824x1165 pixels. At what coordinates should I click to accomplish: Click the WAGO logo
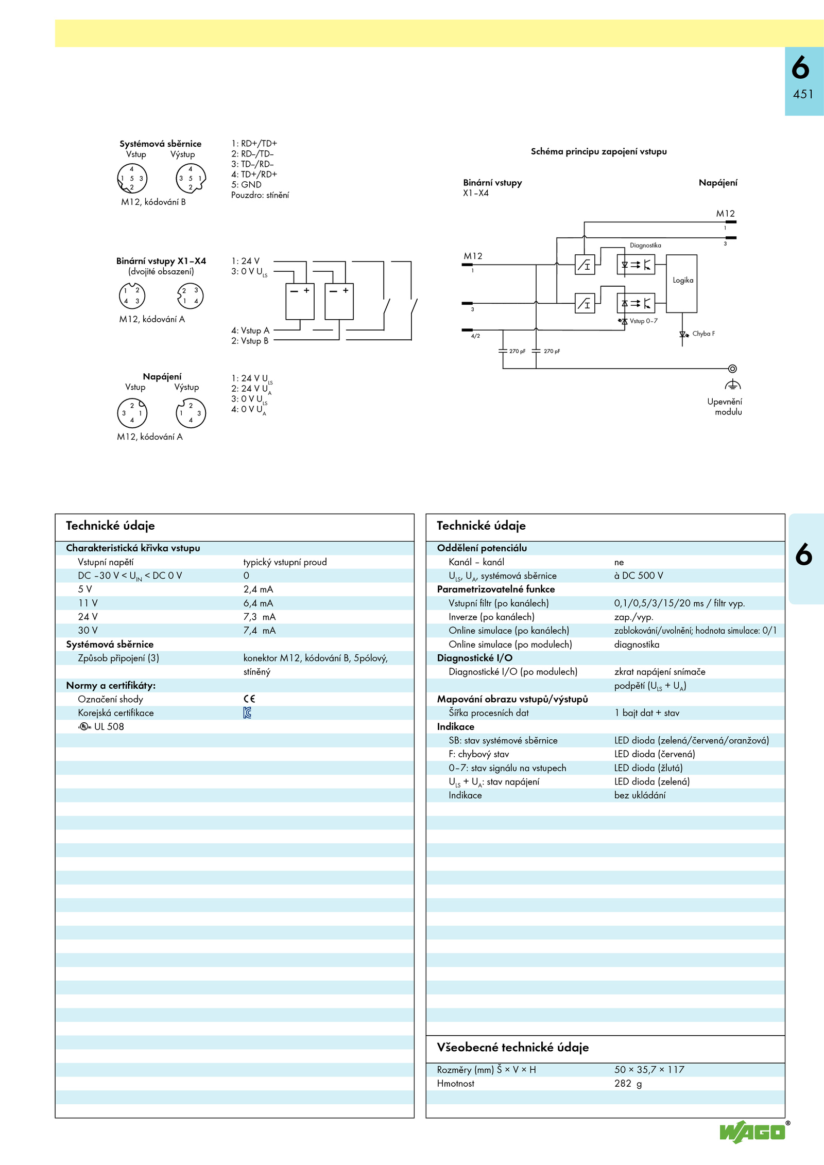pyautogui.click(x=752, y=1132)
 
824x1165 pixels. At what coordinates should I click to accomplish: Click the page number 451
pyautogui.click(x=803, y=94)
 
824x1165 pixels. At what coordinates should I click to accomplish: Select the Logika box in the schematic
pyautogui.click(x=682, y=283)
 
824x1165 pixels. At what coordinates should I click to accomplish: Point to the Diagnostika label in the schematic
pyautogui.click(x=645, y=246)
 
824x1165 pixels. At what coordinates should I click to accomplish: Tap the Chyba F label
pyautogui.click(x=703, y=334)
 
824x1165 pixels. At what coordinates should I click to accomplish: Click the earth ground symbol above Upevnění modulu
pyautogui.click(x=732, y=385)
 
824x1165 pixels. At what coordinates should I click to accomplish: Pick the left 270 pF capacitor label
pyautogui.click(x=517, y=351)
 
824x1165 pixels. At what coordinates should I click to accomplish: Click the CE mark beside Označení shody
pyautogui.click(x=249, y=699)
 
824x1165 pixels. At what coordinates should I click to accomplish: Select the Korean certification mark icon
pyautogui.click(x=248, y=712)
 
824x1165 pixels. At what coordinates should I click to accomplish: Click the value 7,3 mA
pyautogui.click(x=260, y=617)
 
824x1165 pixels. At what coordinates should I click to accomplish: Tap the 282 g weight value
pyautogui.click(x=628, y=1083)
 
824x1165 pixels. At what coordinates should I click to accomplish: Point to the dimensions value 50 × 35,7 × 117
pyautogui.click(x=649, y=1069)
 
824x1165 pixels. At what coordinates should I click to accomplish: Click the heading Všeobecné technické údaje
pyautogui.click(x=512, y=1047)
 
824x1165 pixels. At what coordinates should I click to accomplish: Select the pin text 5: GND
pyautogui.click(x=246, y=184)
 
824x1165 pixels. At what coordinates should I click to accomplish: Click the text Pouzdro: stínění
pyautogui.click(x=260, y=195)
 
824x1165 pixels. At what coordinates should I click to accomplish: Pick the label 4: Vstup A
pyautogui.click(x=250, y=331)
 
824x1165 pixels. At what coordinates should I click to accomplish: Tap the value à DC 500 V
pyautogui.click(x=639, y=576)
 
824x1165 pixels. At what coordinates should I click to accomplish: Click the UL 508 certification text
pyautogui.click(x=109, y=726)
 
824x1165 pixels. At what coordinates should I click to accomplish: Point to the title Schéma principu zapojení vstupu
pyautogui.click(x=598, y=151)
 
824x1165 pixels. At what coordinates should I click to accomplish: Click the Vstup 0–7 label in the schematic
pyautogui.click(x=643, y=321)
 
